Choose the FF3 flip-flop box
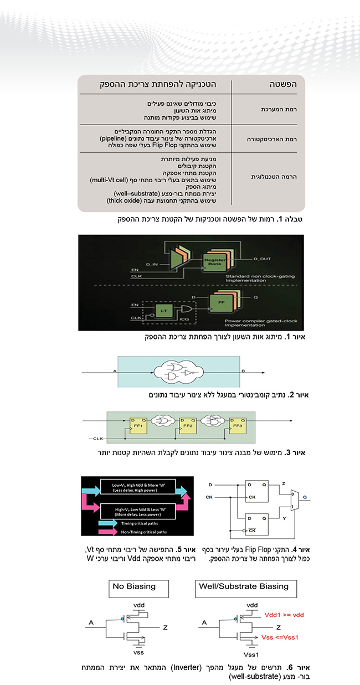239,428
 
